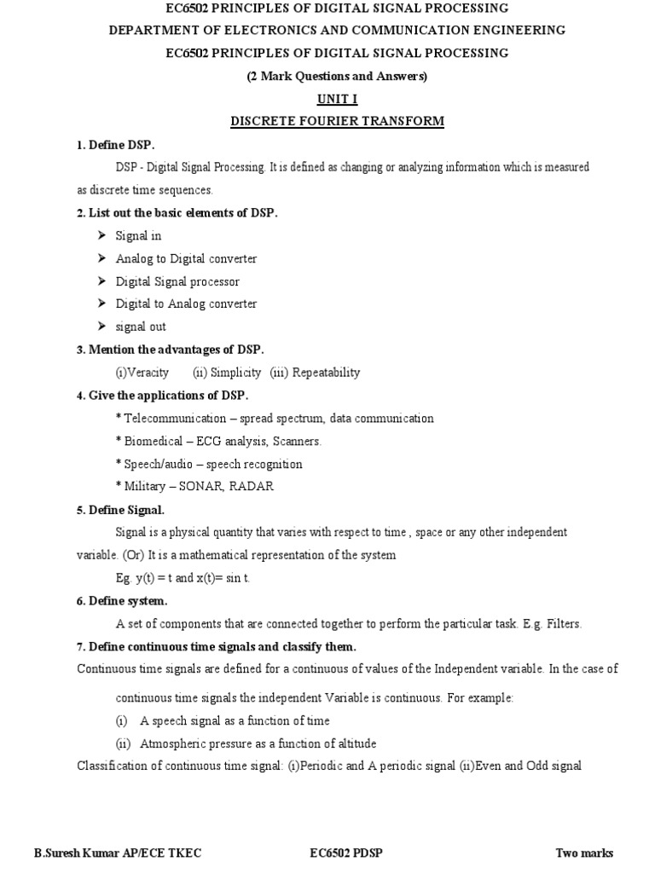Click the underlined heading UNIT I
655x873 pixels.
click(338, 99)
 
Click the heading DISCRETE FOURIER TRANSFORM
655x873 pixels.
click(338, 121)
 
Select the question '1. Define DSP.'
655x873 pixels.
click(115, 145)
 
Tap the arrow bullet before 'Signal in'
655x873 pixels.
click(100, 235)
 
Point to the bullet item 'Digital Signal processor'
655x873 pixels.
click(177, 281)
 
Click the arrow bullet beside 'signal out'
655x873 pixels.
click(100, 327)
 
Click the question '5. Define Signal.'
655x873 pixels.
click(120, 510)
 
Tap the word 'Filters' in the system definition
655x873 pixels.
click(563, 624)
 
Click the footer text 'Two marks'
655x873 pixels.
click(584, 853)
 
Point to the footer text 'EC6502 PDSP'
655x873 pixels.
click(344, 853)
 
